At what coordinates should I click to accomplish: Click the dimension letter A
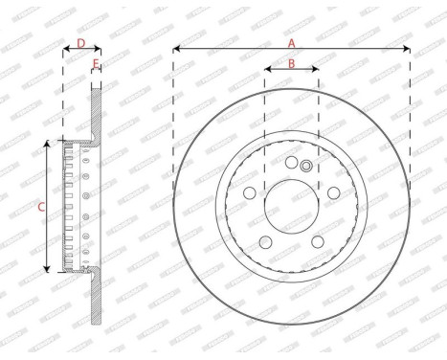[x=292, y=41]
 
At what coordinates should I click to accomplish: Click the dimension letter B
[x=291, y=65]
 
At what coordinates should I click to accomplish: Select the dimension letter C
[x=39, y=206]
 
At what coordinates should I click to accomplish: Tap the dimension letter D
[x=81, y=43]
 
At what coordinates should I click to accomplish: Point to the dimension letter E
[x=97, y=64]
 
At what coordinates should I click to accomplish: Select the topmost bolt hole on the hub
[x=292, y=163]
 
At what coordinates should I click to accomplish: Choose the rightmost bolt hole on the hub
[x=332, y=192]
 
